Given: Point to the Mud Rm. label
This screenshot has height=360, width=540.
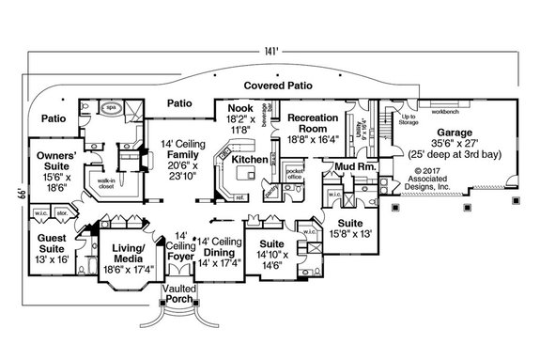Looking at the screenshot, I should pos(352,166).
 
